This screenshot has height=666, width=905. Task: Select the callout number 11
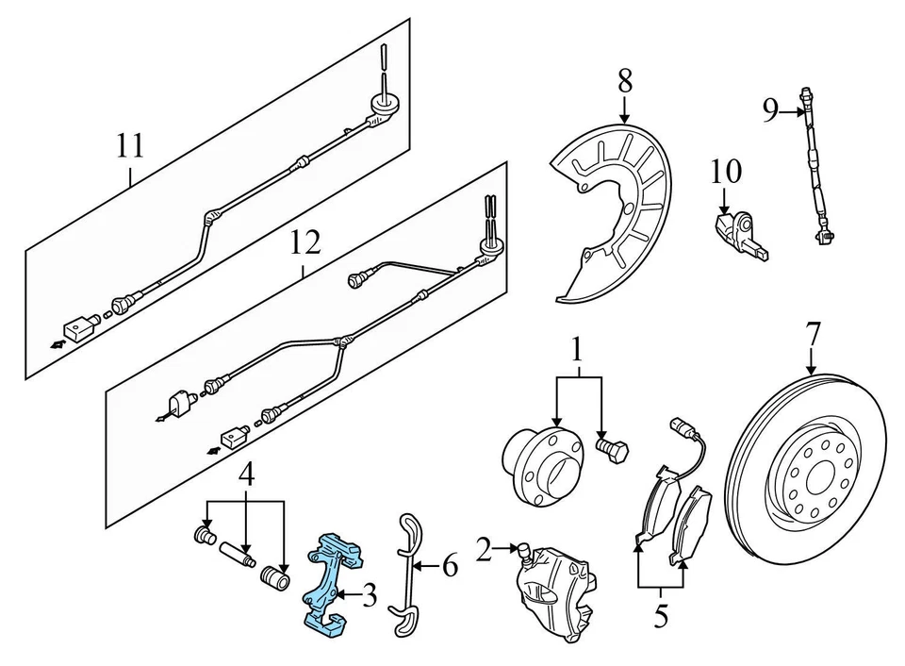[x=131, y=146]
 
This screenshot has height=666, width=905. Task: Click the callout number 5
[x=661, y=616]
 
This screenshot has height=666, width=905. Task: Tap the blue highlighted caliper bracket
[x=330, y=576]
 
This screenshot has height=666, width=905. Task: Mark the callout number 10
[x=726, y=172]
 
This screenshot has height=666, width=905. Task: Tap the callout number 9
[x=770, y=111]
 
